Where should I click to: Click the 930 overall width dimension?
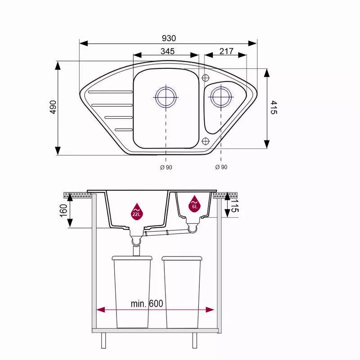[x=169, y=38]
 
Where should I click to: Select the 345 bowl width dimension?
[x=167, y=51]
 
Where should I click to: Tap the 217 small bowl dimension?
[x=226, y=51]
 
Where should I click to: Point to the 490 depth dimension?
[x=53, y=107]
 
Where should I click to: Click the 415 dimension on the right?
[x=274, y=107]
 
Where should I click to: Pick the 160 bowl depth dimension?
[x=63, y=210]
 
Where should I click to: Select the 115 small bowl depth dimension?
[x=235, y=206]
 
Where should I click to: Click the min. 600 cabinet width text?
[x=147, y=304]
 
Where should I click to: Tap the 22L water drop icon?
[x=136, y=211]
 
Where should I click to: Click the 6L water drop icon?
[x=194, y=204]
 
